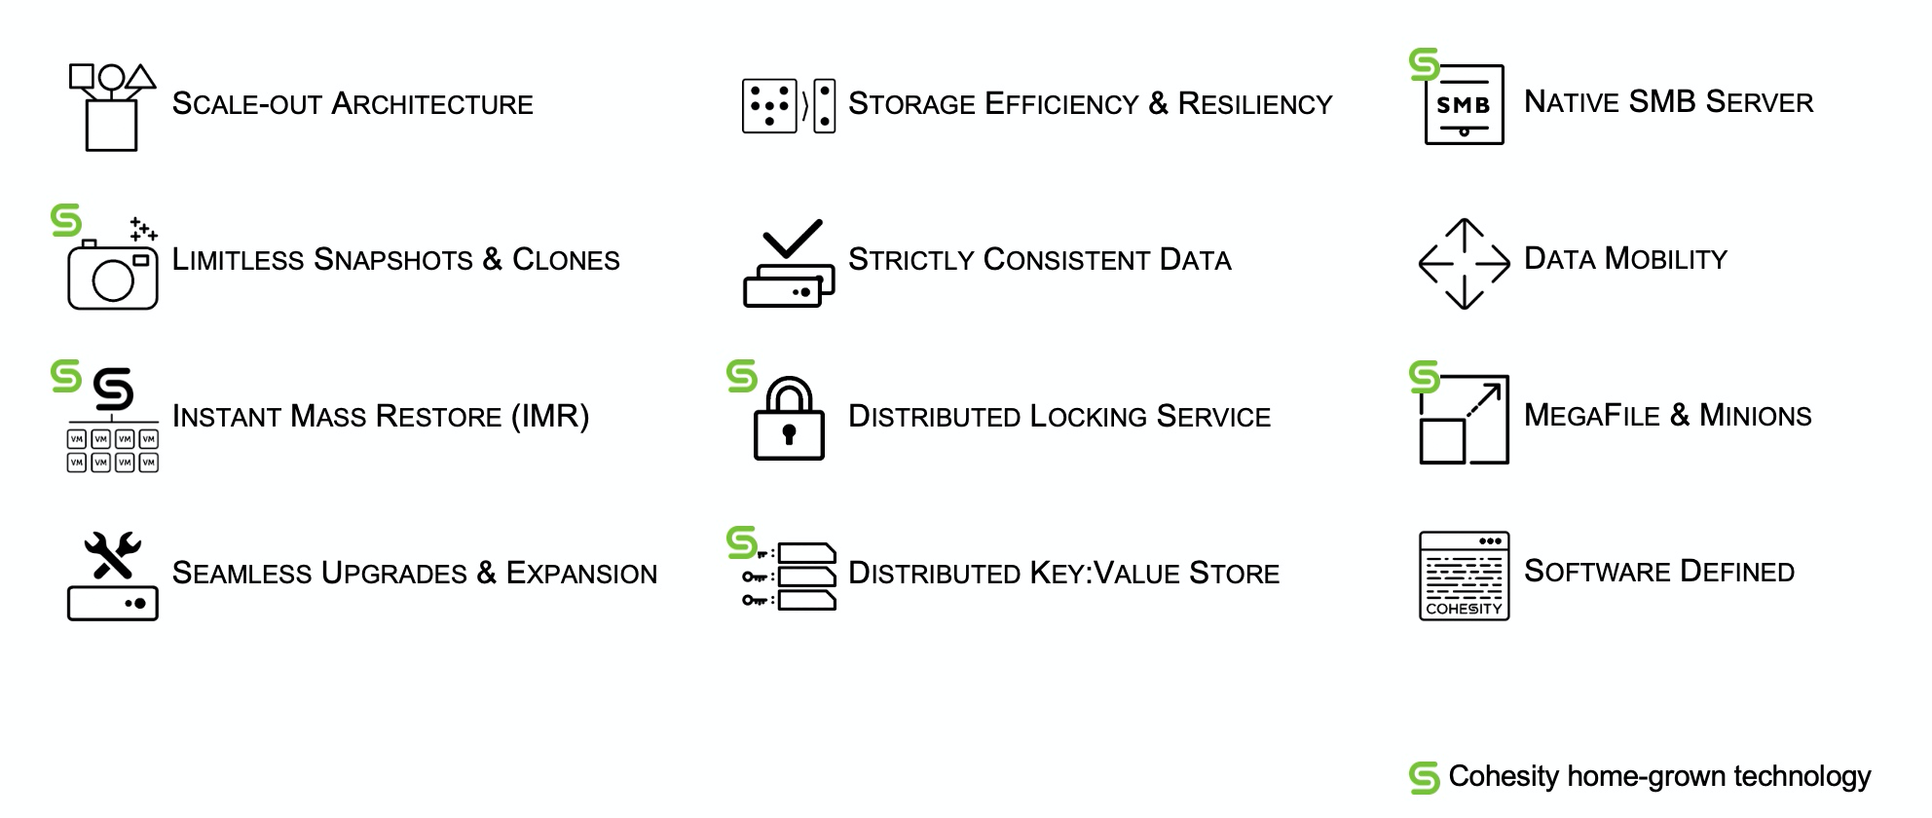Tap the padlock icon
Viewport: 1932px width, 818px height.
click(x=789, y=420)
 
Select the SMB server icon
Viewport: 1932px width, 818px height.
click(x=1464, y=105)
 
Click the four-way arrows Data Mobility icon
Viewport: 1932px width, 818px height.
click(x=1464, y=263)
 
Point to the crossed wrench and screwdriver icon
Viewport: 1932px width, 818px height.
click(x=113, y=555)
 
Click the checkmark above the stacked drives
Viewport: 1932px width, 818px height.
click(x=792, y=238)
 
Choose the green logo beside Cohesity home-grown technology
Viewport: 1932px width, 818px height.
click(x=1424, y=777)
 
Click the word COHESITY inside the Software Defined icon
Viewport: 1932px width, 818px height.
click(x=1464, y=609)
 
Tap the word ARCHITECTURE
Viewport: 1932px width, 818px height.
click(x=432, y=104)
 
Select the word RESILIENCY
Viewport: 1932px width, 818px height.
click(x=1254, y=104)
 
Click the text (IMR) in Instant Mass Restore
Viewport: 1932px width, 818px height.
click(x=550, y=417)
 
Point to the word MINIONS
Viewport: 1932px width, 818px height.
click(x=1755, y=416)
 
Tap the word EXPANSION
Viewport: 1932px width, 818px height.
click(x=581, y=574)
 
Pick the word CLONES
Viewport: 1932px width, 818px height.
click(x=566, y=260)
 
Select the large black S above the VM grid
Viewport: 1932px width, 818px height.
click(x=113, y=390)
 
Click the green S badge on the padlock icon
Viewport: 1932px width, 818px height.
click(x=742, y=376)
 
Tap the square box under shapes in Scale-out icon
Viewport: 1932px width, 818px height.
click(x=111, y=126)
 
